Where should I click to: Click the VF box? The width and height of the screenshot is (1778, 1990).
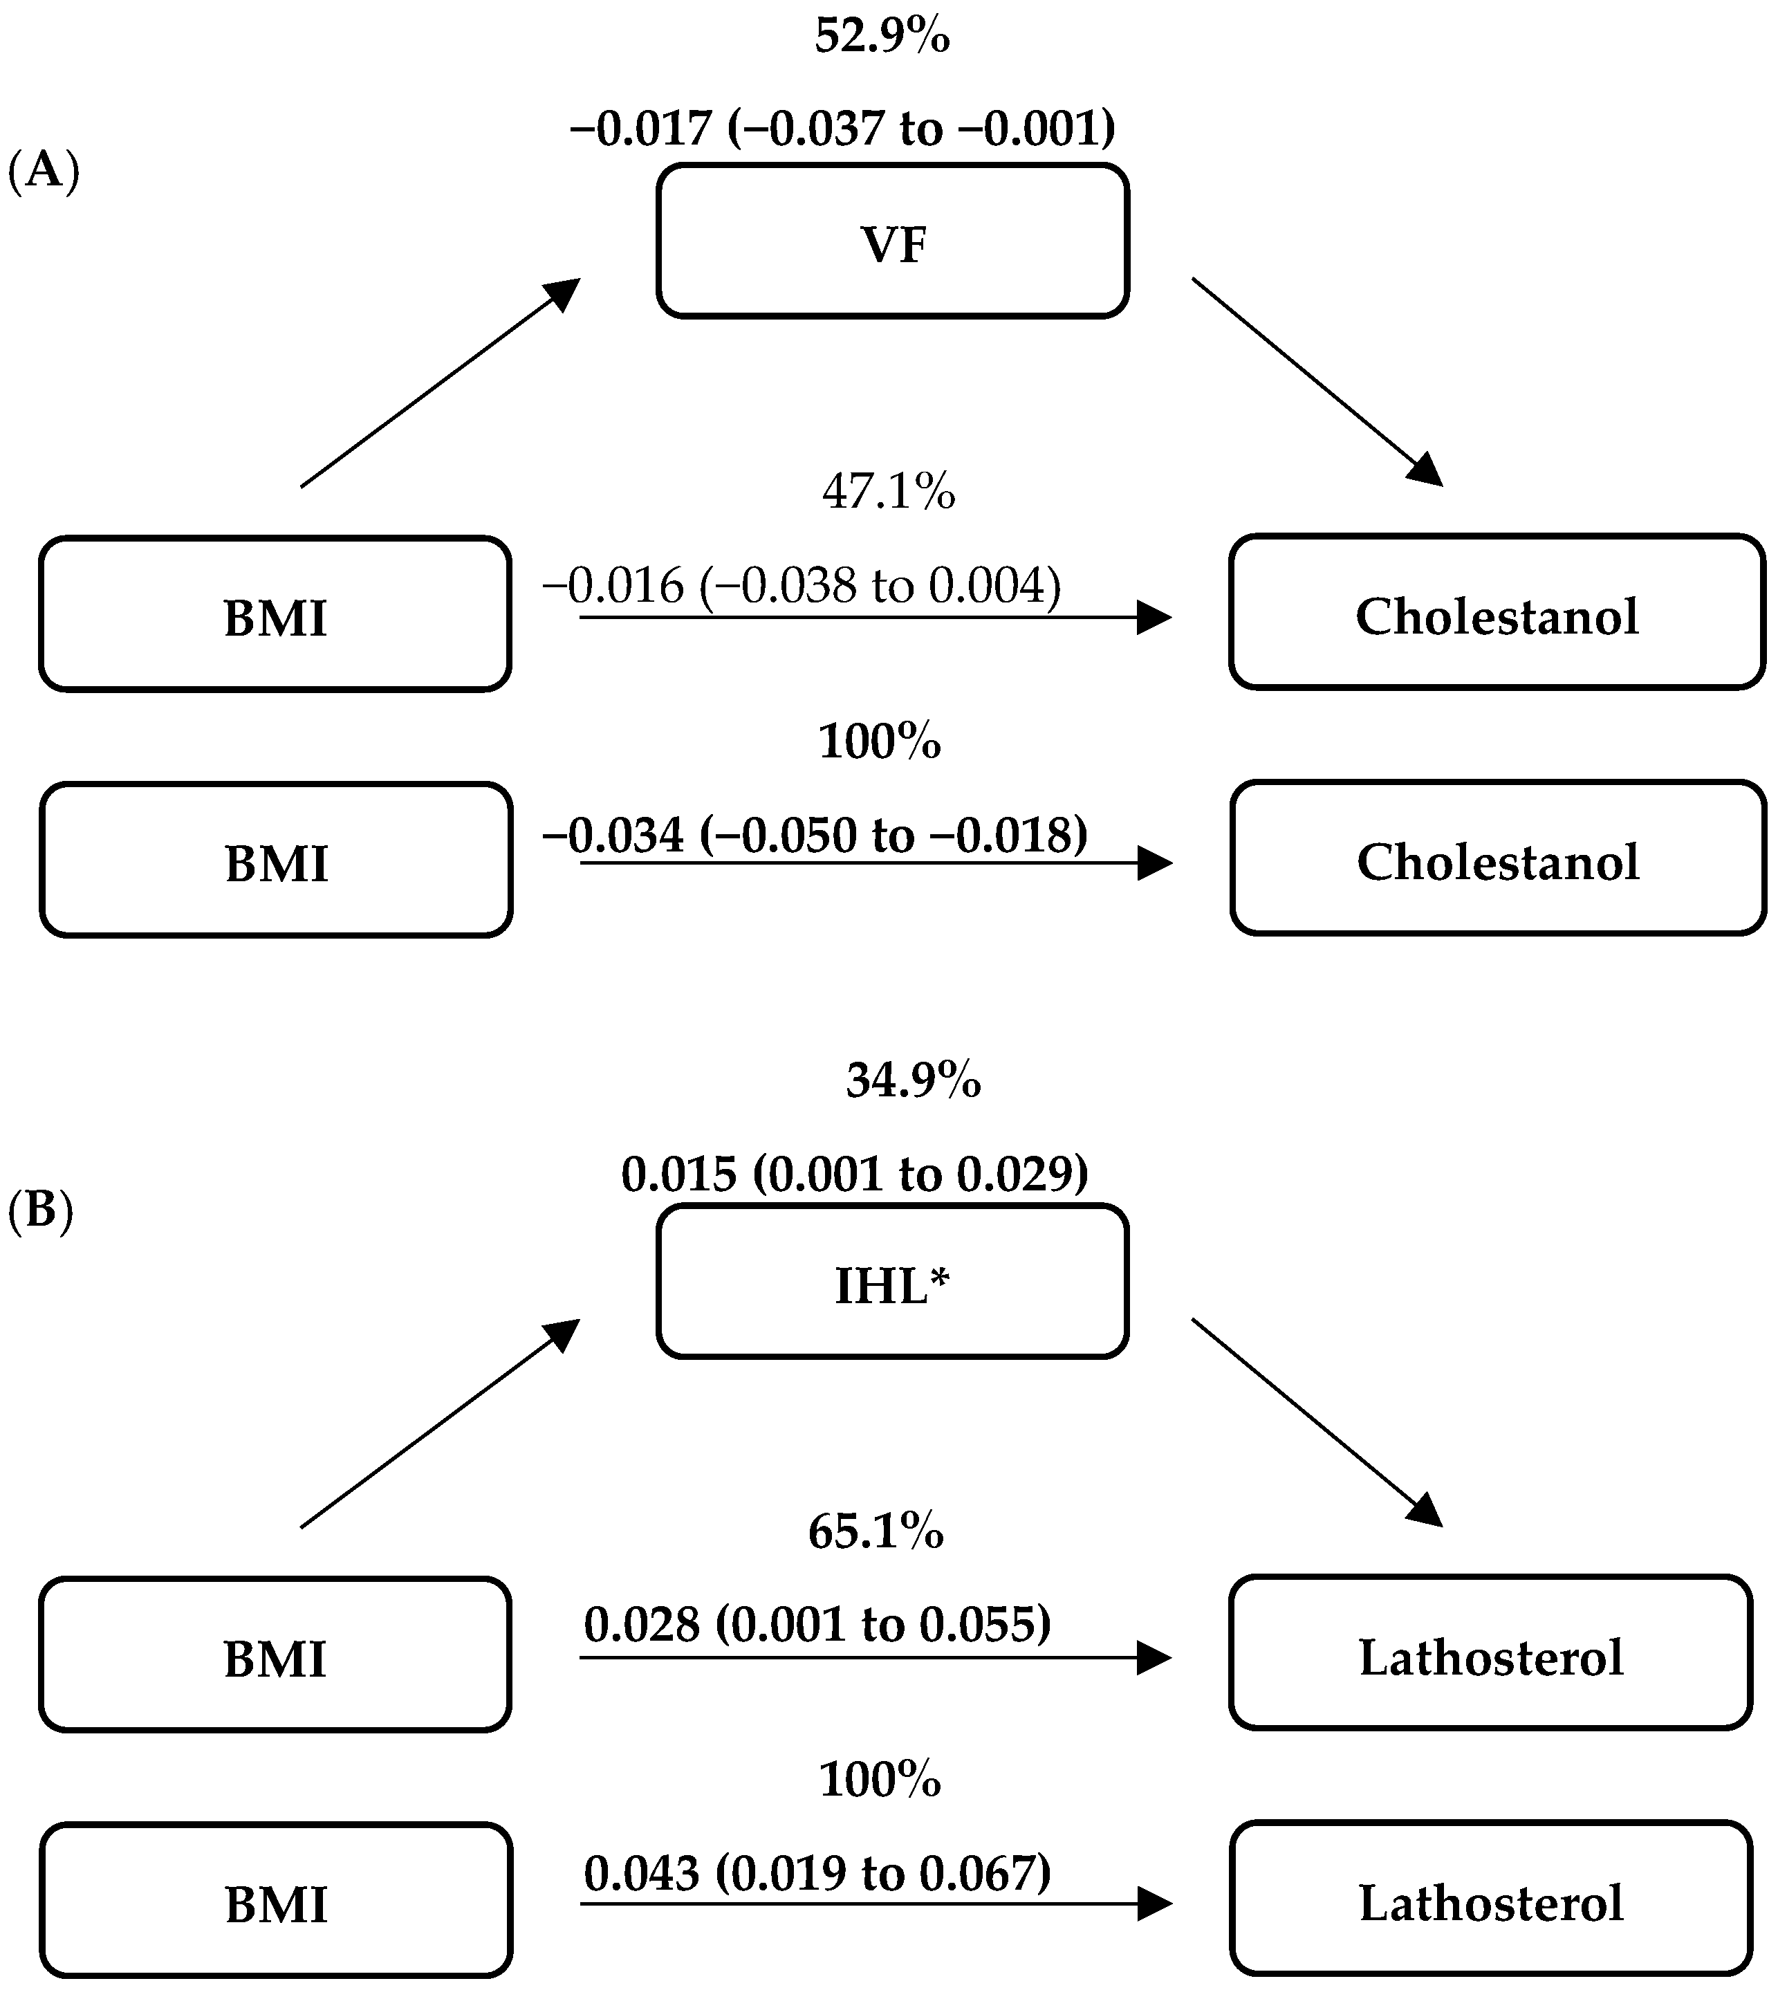[x=892, y=241]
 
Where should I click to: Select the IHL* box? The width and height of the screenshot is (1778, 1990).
[x=892, y=1282]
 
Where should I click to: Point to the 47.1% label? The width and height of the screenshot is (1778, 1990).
[x=888, y=491]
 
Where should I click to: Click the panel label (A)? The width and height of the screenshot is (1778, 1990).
[x=43, y=172]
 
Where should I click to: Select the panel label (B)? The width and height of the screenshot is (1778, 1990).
[x=40, y=1211]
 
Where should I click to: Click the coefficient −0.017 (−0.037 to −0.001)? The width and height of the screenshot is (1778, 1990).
[x=842, y=128]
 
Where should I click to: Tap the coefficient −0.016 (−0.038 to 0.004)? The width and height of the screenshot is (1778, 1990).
[x=801, y=586]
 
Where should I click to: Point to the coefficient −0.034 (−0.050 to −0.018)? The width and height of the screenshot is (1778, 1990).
[x=815, y=834]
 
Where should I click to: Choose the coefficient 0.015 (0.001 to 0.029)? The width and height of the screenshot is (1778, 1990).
[x=855, y=1173]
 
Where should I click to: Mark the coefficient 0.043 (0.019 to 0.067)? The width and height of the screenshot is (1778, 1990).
[x=817, y=1874]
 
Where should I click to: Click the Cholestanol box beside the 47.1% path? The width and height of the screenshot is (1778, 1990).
[x=1497, y=613]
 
